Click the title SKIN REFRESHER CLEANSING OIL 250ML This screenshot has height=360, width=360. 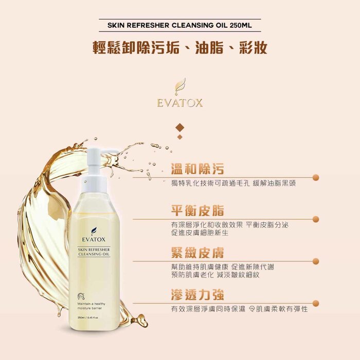coord(179,25)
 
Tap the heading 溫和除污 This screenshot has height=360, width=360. coord(197,169)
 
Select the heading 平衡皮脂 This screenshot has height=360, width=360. coord(197,210)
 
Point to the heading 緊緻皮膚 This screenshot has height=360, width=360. coord(197,253)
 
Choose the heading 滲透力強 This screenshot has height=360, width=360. coord(197,295)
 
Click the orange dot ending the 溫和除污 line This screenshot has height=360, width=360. coord(316,177)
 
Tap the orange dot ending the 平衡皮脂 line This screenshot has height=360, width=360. coord(316,219)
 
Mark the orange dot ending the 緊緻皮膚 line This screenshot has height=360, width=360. coord(316,261)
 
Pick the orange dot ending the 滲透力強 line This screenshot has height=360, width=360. coord(316,303)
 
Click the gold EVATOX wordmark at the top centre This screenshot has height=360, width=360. coord(180,103)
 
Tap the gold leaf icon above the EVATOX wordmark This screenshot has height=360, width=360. coord(180,87)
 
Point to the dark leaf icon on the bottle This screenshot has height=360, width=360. coord(94,231)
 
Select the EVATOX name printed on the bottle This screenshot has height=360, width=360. coord(94,240)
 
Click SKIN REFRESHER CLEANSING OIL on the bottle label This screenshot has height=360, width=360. coord(94,252)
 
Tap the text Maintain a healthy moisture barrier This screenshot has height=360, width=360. coord(91,306)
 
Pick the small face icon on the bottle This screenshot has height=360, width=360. coord(81,296)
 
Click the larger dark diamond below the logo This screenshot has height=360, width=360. coord(180,128)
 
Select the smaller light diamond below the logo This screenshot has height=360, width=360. coord(180,137)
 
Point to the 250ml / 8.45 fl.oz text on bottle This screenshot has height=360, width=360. coord(88,317)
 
